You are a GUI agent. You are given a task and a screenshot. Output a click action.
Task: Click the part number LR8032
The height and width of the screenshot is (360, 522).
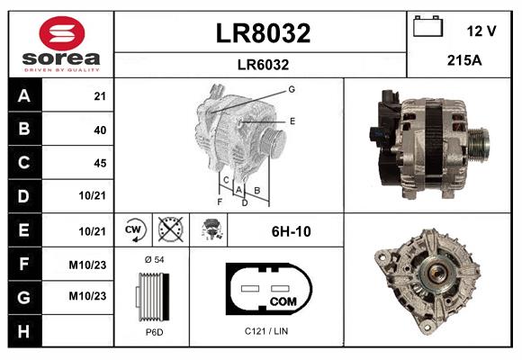tap(262, 33)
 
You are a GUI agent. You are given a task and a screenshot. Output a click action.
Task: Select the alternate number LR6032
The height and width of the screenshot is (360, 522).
tap(262, 64)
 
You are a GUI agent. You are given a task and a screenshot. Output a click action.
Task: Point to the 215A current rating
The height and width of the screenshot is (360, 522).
tap(464, 62)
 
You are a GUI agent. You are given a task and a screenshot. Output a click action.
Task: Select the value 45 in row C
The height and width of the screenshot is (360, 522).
tap(99, 163)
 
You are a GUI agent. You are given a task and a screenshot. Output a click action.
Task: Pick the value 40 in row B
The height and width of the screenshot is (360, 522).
tap(99, 130)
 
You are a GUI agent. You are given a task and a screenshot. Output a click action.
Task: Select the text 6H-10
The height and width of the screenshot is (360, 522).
tap(291, 231)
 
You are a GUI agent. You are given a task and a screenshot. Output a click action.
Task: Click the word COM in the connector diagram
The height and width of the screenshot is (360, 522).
tap(282, 301)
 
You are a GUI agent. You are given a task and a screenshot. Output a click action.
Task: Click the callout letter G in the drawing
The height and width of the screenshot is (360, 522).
tap(292, 89)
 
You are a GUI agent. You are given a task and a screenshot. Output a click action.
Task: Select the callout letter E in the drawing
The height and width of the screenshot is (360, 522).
tap(292, 120)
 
